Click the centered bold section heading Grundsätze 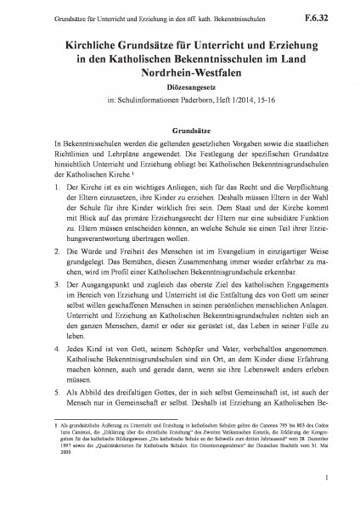coord(179,132)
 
